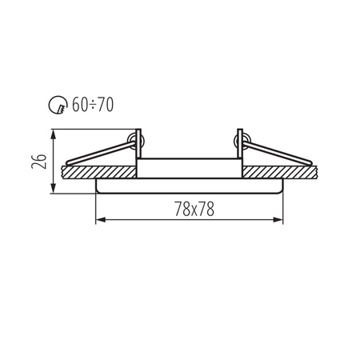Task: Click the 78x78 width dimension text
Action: click(189, 210)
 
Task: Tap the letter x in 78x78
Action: click(189, 210)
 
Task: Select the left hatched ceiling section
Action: click(96, 171)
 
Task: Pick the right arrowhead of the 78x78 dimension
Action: click(279, 220)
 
